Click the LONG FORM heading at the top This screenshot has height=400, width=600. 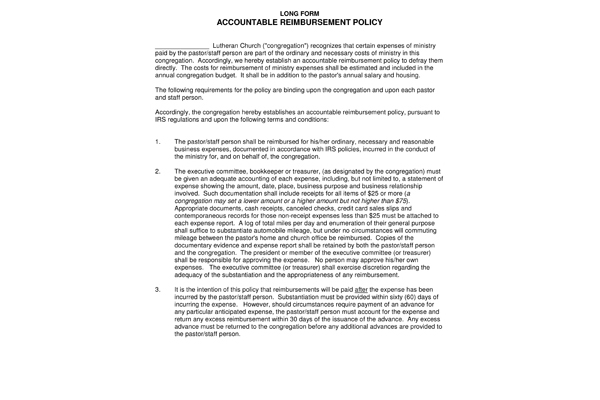click(x=299, y=10)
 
